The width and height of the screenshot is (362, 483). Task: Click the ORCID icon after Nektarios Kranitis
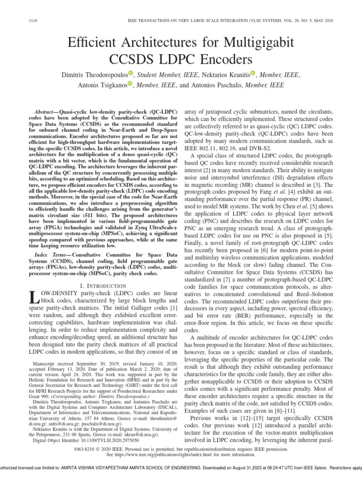point(253,73)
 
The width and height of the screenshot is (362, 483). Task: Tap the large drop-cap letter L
point(33,298)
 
